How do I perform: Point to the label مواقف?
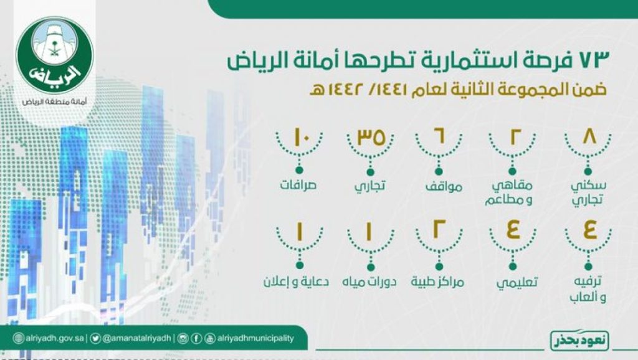click(x=440, y=186)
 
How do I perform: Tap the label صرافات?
click(x=298, y=186)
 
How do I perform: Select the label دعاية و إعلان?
click(x=298, y=282)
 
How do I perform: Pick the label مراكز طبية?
click(x=440, y=282)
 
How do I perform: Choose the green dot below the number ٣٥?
click(x=370, y=171)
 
